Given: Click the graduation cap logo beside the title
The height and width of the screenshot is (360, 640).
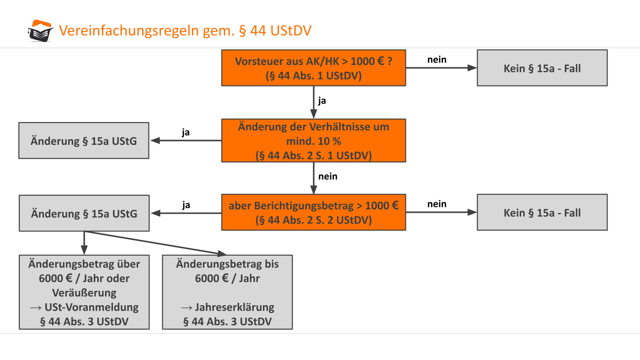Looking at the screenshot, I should [40, 31].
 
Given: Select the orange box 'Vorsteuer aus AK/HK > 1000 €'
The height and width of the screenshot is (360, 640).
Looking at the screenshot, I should [313, 68].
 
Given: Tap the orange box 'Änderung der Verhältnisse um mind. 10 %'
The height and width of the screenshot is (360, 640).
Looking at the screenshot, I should [313, 141].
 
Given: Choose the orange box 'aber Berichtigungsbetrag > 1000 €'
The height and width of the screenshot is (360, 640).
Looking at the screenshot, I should [313, 213].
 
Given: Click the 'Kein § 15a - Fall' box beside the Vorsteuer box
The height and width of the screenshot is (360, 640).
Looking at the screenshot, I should [542, 68].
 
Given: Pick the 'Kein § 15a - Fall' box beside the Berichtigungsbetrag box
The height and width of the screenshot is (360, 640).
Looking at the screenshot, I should [542, 213].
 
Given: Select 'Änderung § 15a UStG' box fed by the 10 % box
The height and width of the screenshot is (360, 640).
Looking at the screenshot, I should [84, 141].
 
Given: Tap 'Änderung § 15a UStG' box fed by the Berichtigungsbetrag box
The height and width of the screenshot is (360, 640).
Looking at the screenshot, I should [84, 213].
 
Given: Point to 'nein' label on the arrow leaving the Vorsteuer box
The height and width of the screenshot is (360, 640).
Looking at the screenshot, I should [437, 60].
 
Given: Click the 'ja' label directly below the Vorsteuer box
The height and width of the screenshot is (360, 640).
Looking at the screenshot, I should [322, 101].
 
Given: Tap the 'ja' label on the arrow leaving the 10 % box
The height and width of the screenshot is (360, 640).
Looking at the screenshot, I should [186, 133].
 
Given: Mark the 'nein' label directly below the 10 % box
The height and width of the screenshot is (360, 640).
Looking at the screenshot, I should [328, 176].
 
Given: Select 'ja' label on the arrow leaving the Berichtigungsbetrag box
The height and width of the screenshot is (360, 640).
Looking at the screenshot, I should [186, 205].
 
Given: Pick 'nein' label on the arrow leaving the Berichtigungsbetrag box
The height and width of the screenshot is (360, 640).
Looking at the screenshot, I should [437, 204].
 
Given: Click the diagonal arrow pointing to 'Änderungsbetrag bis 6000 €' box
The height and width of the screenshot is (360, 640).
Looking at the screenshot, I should [155, 242].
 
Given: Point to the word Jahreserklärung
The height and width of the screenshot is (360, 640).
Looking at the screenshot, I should [234, 307].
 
